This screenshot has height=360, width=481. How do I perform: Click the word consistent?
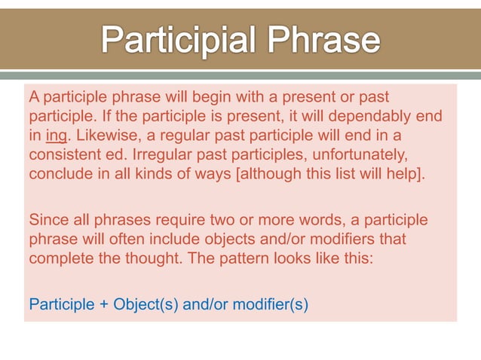click(x=64, y=155)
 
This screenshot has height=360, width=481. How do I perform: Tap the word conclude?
click(x=57, y=174)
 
